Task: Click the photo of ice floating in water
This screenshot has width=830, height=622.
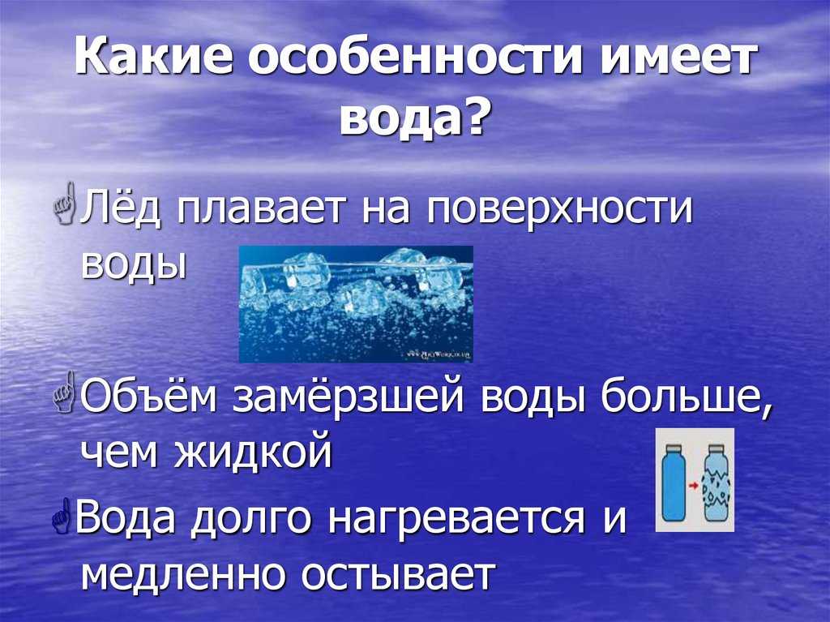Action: (x=355, y=303)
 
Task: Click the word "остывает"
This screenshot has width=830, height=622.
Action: (x=398, y=574)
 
